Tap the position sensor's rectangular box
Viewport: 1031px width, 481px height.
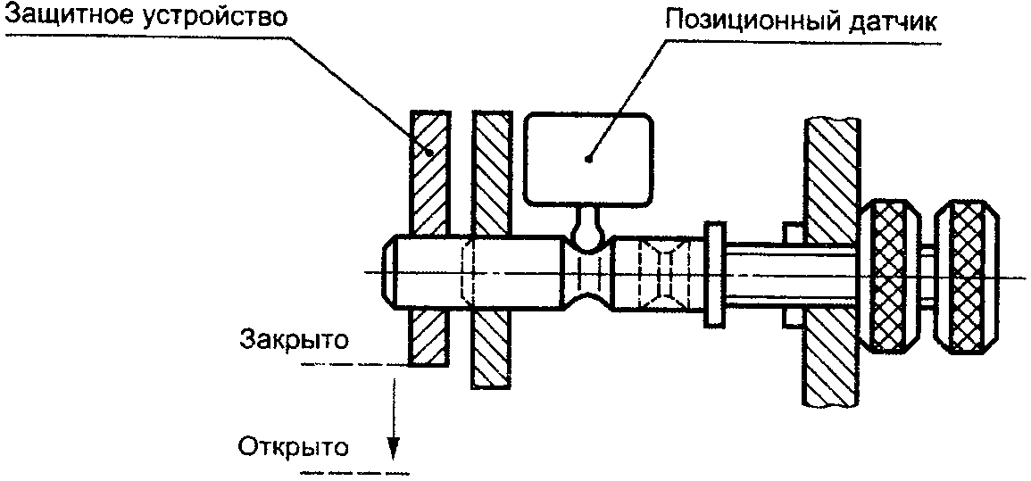[586, 158]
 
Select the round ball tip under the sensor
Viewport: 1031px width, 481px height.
[586, 235]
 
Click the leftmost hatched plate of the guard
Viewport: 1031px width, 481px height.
[428, 170]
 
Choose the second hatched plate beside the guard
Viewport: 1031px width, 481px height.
[492, 170]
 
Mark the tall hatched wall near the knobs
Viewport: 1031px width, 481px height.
[830, 178]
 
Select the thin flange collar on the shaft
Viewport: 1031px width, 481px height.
[716, 276]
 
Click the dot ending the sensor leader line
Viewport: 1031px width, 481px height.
[588, 160]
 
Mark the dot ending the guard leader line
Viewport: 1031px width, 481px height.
[430, 151]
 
